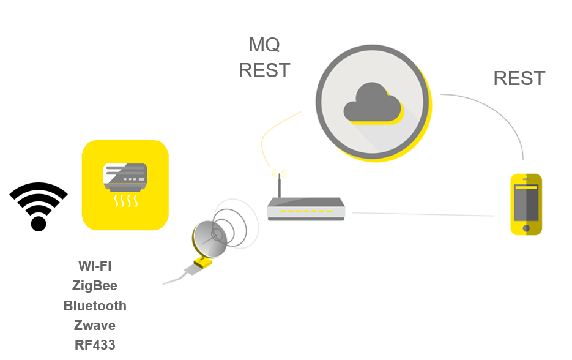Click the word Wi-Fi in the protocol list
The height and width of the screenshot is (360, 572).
tap(95, 266)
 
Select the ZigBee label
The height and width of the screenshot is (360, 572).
tap(95, 285)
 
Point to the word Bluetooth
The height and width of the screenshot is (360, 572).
tap(95, 306)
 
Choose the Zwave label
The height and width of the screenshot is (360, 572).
tap(95, 325)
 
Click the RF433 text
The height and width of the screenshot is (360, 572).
tap(95, 345)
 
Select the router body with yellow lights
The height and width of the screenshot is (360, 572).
tap(306, 210)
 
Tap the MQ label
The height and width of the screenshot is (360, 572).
tap(264, 45)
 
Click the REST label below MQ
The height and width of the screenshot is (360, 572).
tap(264, 70)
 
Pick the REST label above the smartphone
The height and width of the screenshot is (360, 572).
tap(519, 78)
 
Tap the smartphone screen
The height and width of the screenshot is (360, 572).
tap(526, 202)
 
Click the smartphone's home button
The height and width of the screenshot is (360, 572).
tap(526, 228)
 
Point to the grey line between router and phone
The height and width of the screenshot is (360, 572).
tap(422, 214)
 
